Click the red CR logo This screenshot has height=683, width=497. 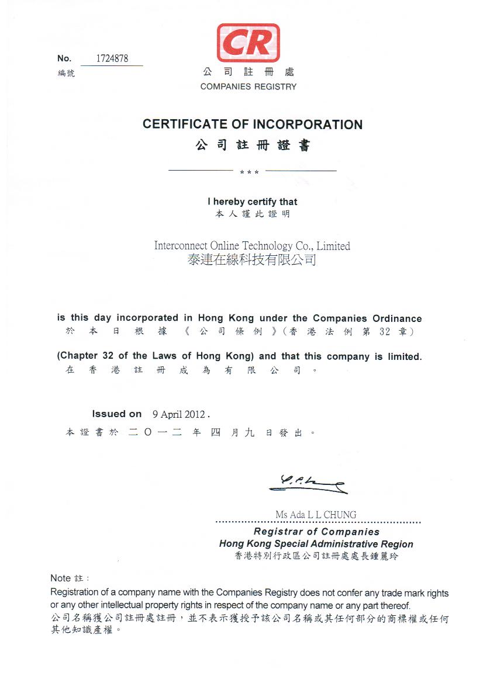(x=248, y=43)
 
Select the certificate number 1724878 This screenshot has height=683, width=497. (x=112, y=58)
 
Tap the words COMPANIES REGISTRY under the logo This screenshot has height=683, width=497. (x=248, y=86)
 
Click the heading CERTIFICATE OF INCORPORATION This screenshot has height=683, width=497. (x=253, y=124)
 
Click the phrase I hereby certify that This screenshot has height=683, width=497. (x=252, y=202)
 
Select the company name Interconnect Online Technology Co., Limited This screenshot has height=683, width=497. (x=252, y=246)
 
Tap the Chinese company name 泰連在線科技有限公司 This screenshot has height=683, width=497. (x=252, y=259)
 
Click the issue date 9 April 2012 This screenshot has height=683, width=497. (x=179, y=414)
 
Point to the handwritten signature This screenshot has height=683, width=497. (x=307, y=484)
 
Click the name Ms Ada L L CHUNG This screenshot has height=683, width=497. (x=316, y=515)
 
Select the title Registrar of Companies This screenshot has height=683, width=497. (x=316, y=532)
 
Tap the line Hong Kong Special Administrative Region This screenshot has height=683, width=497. (x=316, y=544)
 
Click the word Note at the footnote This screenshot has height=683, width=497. (x=60, y=578)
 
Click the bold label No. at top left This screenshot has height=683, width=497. (x=64, y=58)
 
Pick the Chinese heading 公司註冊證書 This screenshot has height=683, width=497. (x=253, y=145)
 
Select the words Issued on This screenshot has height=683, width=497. (x=116, y=414)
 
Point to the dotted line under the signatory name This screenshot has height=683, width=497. (x=318, y=522)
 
